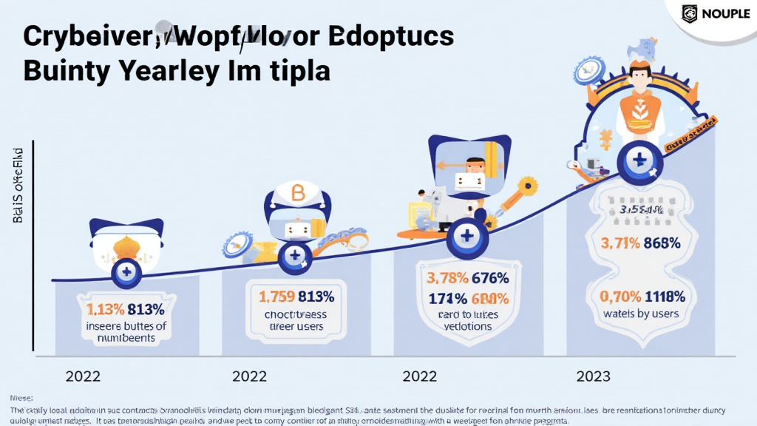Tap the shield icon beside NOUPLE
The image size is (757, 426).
click(x=689, y=13)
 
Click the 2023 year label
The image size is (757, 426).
click(x=593, y=376)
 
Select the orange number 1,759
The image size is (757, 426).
click(x=277, y=297)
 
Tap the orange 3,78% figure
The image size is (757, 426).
click(x=448, y=279)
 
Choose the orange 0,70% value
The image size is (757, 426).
click(x=619, y=297)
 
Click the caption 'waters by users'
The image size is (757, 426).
click(x=640, y=314)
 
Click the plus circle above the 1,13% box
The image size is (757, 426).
click(x=126, y=273)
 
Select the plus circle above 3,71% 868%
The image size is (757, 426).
click(x=637, y=160)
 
